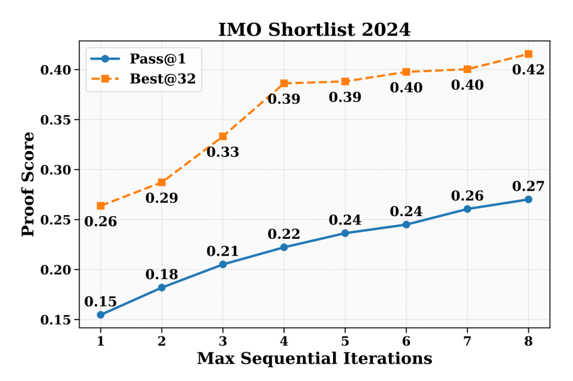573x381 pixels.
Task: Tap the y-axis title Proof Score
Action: [28, 184]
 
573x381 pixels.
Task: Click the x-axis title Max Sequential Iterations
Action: [315, 358]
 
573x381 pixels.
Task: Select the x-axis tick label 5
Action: [345, 342]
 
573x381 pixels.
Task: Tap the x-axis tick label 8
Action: [528, 342]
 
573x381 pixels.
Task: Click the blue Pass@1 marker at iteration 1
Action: [100, 315]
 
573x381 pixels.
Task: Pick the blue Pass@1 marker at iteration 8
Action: [528, 199]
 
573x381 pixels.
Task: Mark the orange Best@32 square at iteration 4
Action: [284, 83]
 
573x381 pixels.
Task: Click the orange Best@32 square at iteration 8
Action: [528, 54]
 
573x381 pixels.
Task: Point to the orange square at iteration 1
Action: [100, 205]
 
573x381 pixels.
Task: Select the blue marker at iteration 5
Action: [345, 233]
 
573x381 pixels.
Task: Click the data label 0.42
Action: [528, 70]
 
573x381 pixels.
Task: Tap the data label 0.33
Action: [223, 152]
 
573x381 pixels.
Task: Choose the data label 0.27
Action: [528, 186]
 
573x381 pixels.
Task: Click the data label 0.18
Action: [162, 275]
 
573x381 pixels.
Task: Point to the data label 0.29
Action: [162, 198]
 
